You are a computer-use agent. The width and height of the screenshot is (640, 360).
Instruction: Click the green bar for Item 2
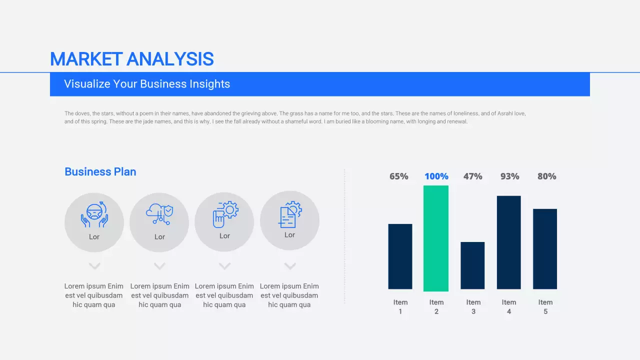click(x=436, y=238)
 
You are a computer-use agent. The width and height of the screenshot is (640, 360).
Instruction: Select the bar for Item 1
click(x=400, y=256)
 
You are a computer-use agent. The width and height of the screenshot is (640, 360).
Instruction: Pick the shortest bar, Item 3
click(x=472, y=265)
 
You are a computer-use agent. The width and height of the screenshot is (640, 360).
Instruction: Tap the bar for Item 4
click(x=509, y=242)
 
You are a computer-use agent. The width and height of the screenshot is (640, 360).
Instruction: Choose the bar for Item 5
click(x=545, y=249)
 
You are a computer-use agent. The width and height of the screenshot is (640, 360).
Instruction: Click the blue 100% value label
click(x=436, y=176)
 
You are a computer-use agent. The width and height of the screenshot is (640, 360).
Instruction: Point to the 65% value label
click(x=399, y=176)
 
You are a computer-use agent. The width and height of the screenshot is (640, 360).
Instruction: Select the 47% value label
click(x=473, y=176)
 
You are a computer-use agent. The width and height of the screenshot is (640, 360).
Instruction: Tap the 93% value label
click(x=510, y=176)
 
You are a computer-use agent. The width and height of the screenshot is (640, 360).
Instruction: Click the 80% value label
click(x=547, y=176)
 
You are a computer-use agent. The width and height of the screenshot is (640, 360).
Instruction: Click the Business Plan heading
click(x=100, y=172)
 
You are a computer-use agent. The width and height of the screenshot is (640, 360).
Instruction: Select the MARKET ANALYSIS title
click(x=132, y=59)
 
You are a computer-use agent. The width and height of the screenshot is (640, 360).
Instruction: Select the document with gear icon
click(x=290, y=214)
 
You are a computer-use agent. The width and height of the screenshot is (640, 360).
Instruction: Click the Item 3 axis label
click(x=473, y=306)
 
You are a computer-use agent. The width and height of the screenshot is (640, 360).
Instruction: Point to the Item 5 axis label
click(x=545, y=306)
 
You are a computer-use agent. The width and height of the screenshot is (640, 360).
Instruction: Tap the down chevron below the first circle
click(x=94, y=266)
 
